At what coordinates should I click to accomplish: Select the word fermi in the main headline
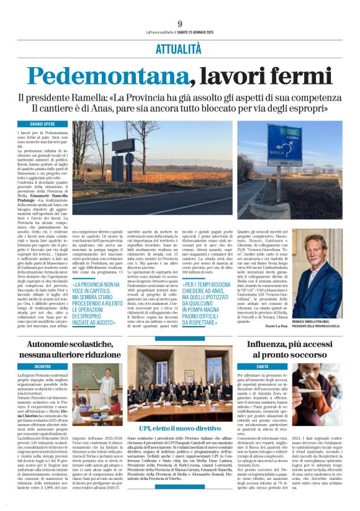[x=296, y=75]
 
